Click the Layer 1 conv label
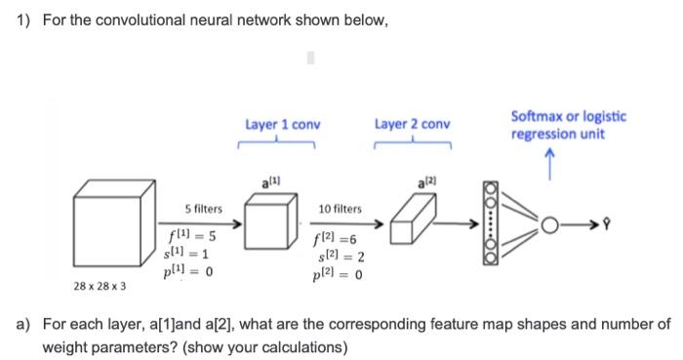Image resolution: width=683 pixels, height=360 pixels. [283, 125]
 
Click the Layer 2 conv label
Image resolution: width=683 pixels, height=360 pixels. [412, 125]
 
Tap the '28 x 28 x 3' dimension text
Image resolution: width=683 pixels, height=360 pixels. [100, 288]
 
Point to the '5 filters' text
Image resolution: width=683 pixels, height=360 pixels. [203, 209]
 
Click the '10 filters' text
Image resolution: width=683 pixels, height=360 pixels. [340, 209]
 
